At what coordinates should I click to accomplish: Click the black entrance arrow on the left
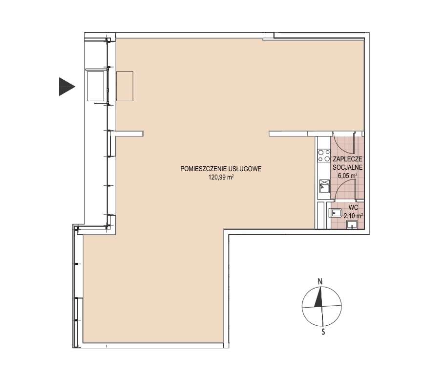tap(66, 87)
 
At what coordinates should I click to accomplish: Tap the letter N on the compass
tap(320, 282)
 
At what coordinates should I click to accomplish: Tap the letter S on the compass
tap(323, 332)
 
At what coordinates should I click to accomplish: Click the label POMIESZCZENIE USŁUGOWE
tap(221, 169)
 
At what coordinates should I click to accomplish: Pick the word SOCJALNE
tap(347, 167)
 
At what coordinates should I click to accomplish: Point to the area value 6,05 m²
tap(347, 176)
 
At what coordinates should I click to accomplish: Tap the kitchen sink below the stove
tap(324, 186)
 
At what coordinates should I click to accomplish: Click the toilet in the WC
tap(335, 213)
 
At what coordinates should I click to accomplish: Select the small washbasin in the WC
tap(352, 225)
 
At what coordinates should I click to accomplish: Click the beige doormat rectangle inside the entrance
tap(125, 86)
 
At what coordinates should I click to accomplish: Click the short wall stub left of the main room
tap(129, 134)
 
